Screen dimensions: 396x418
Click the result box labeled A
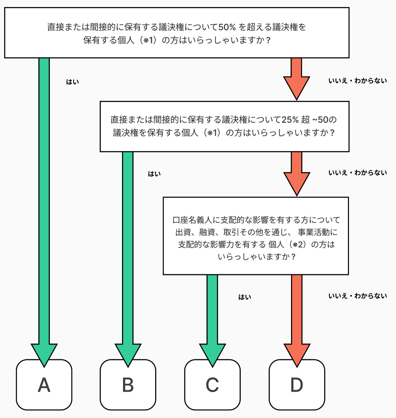pos(44,385)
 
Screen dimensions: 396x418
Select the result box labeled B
pos(128,385)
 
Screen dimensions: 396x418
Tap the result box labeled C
pos(213,385)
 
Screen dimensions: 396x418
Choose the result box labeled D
pos(297,385)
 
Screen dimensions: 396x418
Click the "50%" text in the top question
pos(227,27)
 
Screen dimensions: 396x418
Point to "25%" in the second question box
pos(290,120)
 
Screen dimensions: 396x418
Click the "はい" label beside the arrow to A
pos(73,82)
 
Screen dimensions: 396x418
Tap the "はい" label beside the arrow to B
pos(154,174)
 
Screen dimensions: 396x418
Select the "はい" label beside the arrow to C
pos(245,297)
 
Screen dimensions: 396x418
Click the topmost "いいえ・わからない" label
pos(358,81)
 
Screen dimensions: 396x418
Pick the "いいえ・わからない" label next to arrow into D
pos(358,296)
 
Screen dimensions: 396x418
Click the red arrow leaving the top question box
pos(296,79)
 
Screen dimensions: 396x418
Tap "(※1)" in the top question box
pos(149,40)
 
